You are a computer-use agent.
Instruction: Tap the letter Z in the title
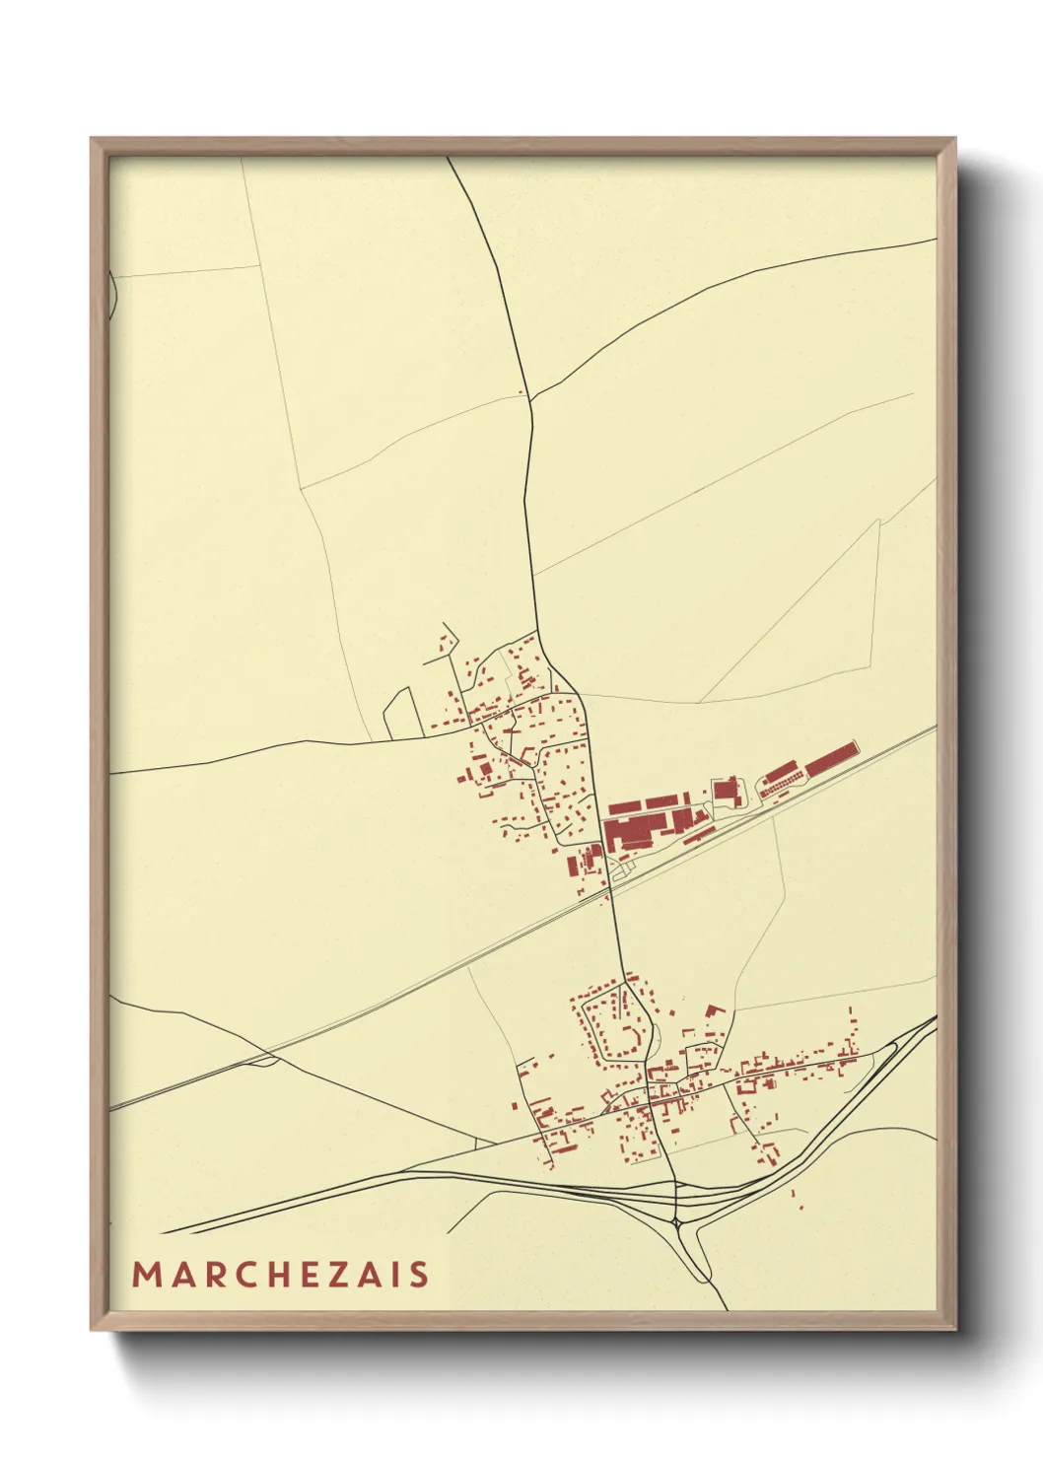(337, 1274)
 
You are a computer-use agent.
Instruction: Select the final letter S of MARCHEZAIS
(420, 1274)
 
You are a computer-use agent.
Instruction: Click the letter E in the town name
(307, 1274)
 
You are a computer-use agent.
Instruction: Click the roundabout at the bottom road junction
(679, 1222)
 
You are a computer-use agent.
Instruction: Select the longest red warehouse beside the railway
(831, 759)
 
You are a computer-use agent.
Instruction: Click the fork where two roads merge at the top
(530, 398)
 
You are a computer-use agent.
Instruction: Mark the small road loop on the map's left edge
(112, 293)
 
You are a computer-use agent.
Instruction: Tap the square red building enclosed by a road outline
(728, 790)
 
